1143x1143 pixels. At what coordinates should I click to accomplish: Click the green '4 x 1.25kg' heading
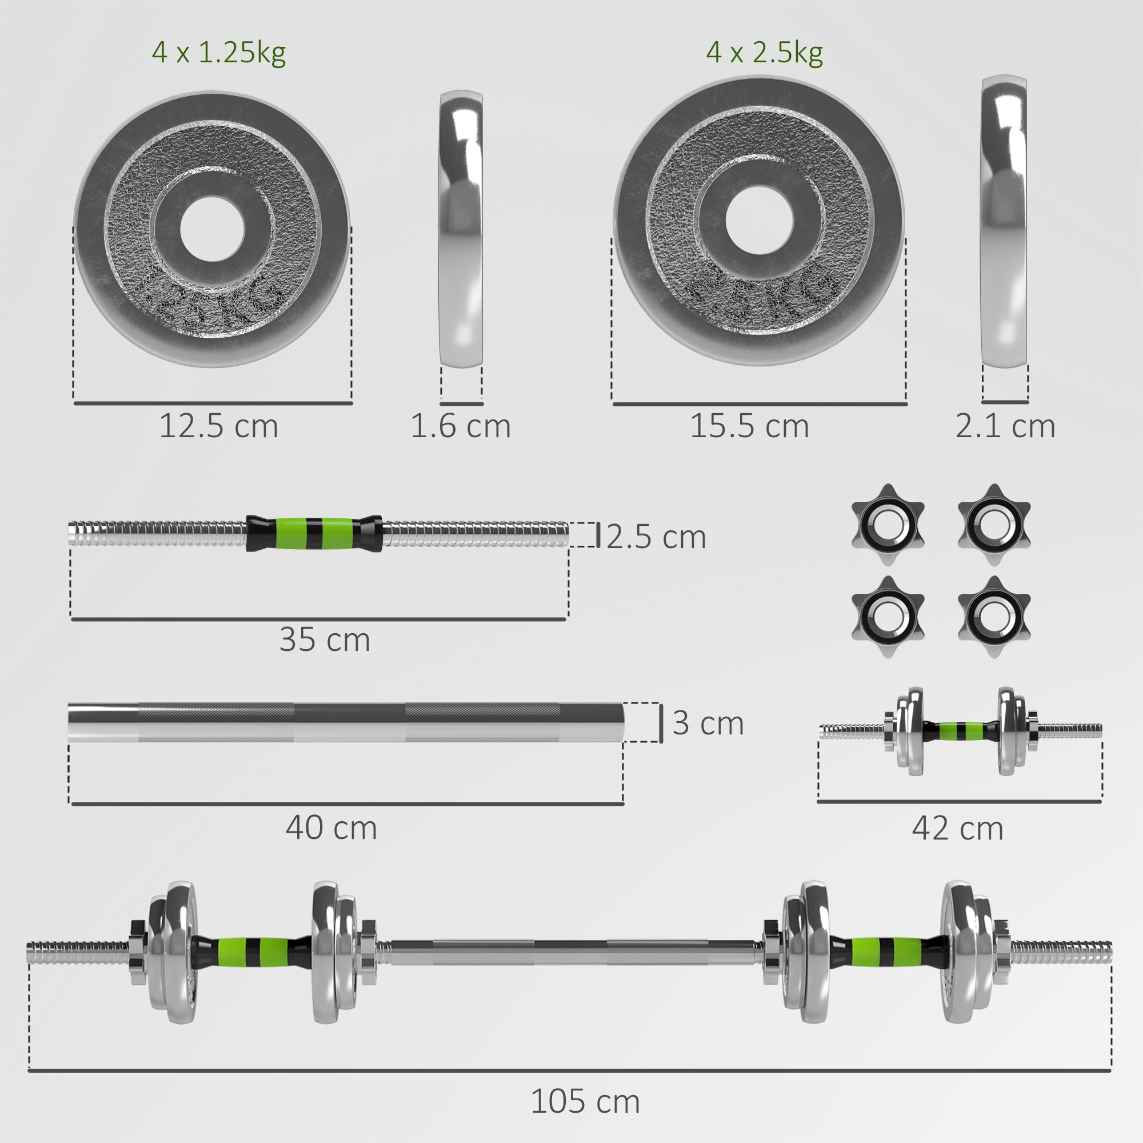point(218,53)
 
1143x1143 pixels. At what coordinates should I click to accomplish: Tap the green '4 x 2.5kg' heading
point(764,53)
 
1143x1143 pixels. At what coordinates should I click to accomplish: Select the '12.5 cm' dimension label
point(218,426)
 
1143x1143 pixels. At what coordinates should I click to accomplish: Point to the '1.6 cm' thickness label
point(460,426)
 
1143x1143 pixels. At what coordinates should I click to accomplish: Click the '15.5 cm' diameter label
point(750,426)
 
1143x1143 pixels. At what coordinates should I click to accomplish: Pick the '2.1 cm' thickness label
point(1005,426)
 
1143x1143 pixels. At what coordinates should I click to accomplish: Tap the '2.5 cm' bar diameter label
point(656,537)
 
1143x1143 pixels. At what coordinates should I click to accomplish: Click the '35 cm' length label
point(325,640)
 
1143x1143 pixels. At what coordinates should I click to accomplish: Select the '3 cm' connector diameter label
point(708,723)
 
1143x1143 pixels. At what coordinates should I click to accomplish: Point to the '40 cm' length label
point(331,828)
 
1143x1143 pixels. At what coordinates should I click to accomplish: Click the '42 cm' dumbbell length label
point(958,828)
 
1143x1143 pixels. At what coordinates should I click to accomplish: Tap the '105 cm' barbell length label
point(585,1102)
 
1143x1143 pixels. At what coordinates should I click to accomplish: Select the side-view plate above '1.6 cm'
point(461,229)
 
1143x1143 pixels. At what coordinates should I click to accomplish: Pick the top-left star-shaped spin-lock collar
point(888,525)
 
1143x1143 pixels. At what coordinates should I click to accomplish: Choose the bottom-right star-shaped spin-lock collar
point(994,617)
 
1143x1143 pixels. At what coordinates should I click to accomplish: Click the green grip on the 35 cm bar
point(314,533)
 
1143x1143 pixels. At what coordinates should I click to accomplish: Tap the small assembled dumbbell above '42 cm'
point(960,732)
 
